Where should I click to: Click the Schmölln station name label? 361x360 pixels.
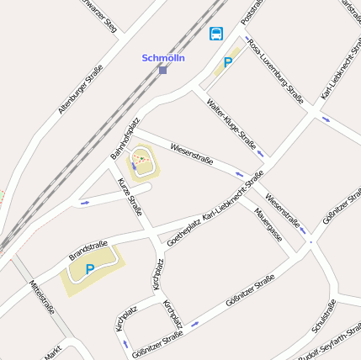(x=163, y=58)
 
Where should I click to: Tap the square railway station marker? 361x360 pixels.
(x=162, y=70)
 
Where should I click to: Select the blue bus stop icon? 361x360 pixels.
(x=216, y=34)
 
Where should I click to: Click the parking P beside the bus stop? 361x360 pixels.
(x=227, y=61)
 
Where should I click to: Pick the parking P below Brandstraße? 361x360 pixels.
(x=90, y=269)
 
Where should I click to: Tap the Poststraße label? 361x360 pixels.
(x=252, y=11)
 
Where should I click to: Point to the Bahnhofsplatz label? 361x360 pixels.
(x=125, y=139)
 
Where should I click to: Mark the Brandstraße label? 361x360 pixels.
(x=88, y=250)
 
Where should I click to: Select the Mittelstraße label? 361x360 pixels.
(x=41, y=297)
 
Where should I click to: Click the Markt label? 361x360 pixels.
(x=53, y=353)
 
